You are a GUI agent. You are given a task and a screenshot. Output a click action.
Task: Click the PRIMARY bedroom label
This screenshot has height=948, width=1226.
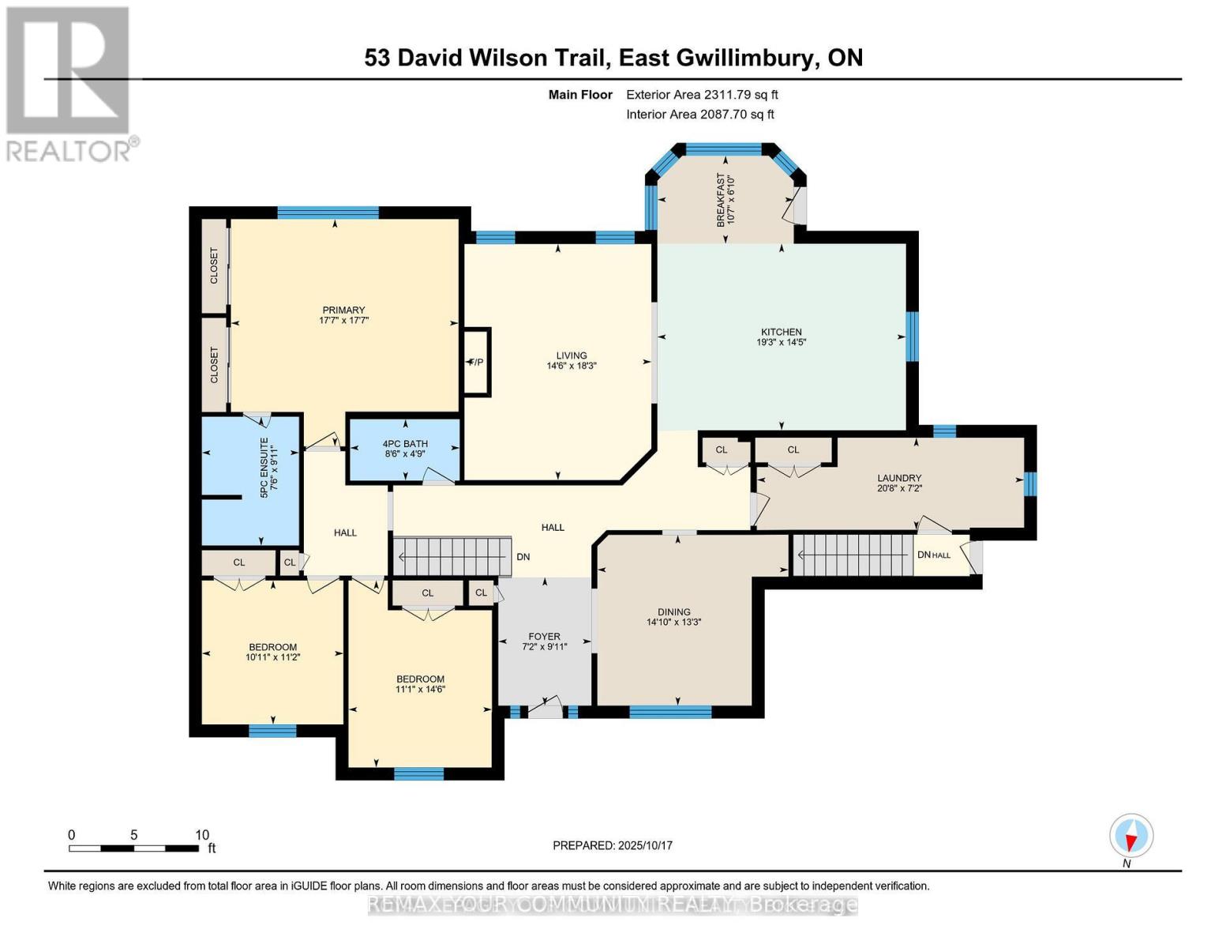tap(343, 310)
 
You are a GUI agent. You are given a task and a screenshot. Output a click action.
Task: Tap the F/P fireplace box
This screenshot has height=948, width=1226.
tap(477, 362)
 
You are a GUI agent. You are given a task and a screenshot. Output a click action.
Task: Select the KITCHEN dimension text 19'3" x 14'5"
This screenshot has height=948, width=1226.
tap(781, 343)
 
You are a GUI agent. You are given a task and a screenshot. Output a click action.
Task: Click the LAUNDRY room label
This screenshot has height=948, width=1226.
tap(899, 478)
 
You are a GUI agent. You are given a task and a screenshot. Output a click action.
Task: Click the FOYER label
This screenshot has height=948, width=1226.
tap(544, 636)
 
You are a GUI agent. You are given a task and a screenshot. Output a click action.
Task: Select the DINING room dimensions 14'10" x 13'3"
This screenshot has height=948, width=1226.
tap(673, 623)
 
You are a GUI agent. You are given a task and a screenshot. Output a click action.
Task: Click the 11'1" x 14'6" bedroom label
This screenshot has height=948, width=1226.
tap(420, 684)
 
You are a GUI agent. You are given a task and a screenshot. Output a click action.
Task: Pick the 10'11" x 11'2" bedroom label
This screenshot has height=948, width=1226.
tap(272, 652)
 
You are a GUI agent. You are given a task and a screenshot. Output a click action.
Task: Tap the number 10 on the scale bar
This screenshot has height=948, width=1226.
tap(202, 834)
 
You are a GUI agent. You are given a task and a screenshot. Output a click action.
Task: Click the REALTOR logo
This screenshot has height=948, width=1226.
tap(69, 83)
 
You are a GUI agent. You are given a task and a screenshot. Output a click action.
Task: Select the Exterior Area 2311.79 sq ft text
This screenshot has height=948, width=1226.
tap(702, 94)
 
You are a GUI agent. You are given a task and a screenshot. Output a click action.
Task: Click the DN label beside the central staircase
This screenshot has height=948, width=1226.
tap(523, 557)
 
